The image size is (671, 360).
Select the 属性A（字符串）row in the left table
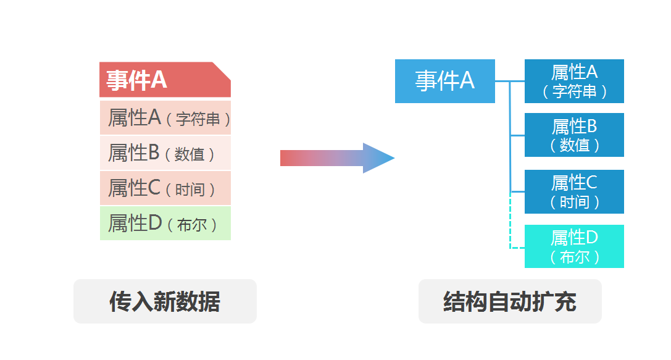click(165, 117)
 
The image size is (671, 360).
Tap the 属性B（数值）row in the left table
click(165, 153)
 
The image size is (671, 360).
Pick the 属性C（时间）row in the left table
click(165, 188)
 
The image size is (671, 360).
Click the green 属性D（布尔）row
click(165, 223)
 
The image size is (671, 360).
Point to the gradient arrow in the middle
click(333, 158)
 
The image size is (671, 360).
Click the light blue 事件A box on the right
click(444, 81)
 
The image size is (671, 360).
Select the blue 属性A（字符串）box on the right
click(574, 81)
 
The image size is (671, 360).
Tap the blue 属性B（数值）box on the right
click(574, 135)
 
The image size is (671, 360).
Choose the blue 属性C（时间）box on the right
click(574, 191)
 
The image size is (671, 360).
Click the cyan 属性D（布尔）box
click(574, 246)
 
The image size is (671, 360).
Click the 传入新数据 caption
click(165, 301)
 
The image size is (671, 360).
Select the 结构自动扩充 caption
click(510, 301)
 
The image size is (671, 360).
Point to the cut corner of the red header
click(222, 70)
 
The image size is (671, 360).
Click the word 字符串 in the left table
click(198, 119)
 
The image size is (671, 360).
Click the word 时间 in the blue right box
click(575, 202)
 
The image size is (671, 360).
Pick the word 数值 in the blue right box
click(575, 146)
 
